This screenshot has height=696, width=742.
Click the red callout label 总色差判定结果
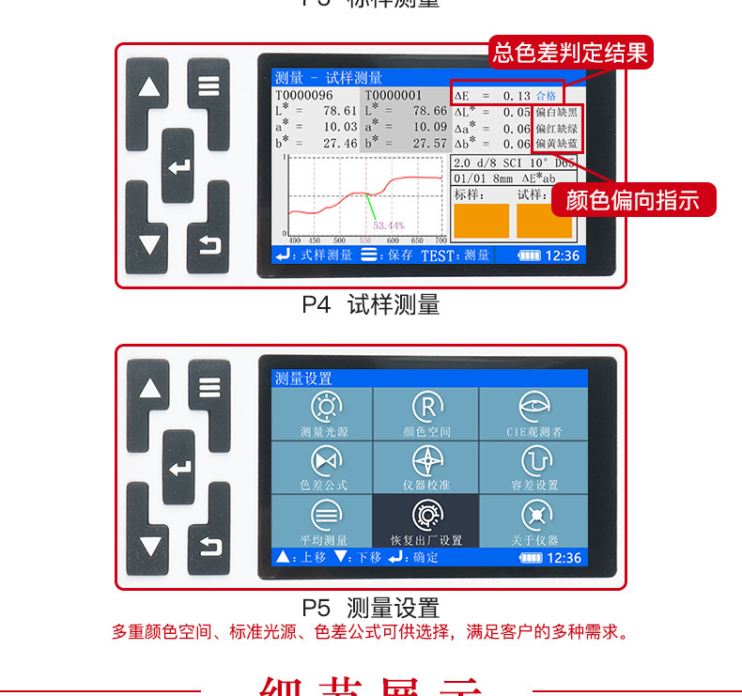click(x=571, y=53)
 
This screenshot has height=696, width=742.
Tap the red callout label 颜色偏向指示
click(x=633, y=200)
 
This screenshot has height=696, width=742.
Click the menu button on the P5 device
click(x=209, y=386)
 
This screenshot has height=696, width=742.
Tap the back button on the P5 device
click(x=209, y=545)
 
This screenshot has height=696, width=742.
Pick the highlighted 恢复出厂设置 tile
click(x=426, y=521)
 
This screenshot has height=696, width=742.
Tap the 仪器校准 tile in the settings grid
click(x=426, y=467)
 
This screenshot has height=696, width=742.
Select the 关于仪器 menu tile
click(x=533, y=521)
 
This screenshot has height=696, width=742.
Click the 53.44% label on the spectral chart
click(x=388, y=225)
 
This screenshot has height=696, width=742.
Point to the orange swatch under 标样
click(x=481, y=221)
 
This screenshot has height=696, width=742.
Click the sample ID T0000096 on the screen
click(x=303, y=95)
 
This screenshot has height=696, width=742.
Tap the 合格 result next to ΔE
click(x=546, y=96)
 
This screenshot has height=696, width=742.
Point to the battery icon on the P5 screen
click(x=532, y=558)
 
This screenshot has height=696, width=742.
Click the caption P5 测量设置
click(x=370, y=608)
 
